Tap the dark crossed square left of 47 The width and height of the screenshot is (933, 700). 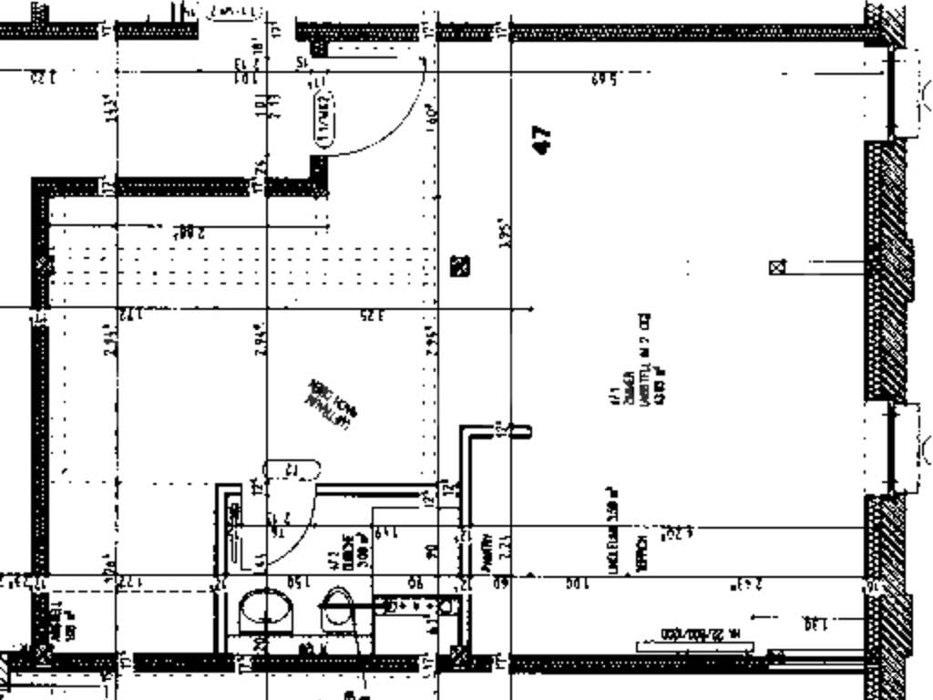(x=461, y=266)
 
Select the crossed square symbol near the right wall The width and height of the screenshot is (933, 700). (x=777, y=267)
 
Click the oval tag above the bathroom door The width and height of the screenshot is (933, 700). (x=292, y=470)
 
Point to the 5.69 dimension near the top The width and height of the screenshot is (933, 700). (x=604, y=80)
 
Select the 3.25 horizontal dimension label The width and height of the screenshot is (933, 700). (x=371, y=316)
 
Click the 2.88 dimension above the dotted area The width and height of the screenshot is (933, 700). (x=190, y=232)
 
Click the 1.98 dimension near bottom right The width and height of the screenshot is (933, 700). (x=815, y=624)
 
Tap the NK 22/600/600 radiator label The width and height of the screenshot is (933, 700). (x=694, y=634)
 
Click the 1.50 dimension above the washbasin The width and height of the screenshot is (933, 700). (x=298, y=582)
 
